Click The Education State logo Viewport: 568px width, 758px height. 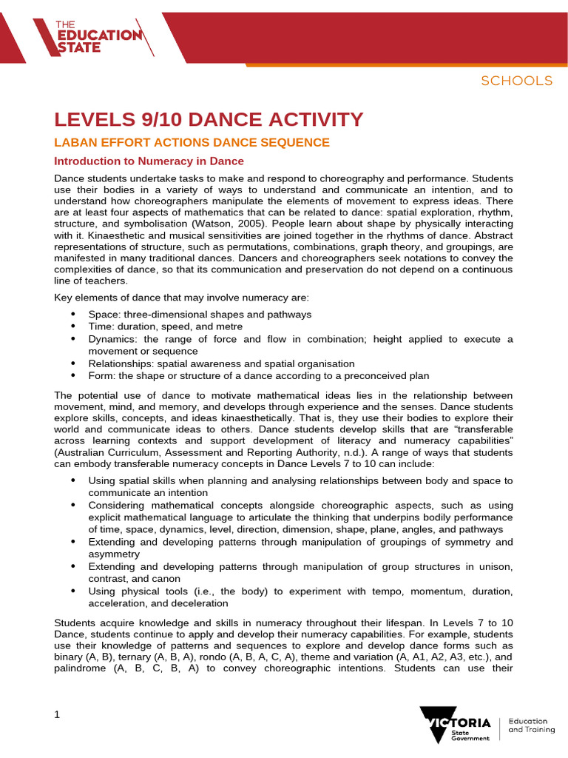(98, 35)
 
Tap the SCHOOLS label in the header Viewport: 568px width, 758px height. (516, 81)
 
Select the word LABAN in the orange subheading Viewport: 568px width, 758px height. (76, 142)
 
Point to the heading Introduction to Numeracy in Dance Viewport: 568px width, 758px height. (149, 161)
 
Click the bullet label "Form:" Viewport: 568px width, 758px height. (102, 375)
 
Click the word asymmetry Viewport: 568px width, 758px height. (114, 554)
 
